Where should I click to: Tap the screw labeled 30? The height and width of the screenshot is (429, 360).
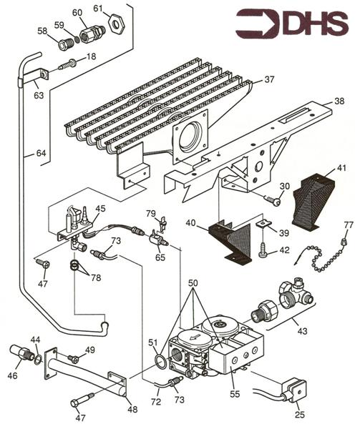pyautogui.click(x=272, y=200)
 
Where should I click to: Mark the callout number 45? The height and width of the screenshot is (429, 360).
pyautogui.click(x=101, y=208)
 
